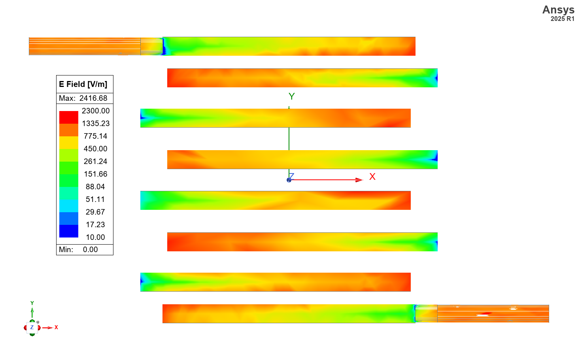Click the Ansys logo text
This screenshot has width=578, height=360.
(558, 10)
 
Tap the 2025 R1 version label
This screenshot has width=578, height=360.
(563, 19)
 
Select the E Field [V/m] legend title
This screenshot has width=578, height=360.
(83, 84)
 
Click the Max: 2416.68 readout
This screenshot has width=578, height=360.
(83, 98)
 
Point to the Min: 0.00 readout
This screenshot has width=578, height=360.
(78, 250)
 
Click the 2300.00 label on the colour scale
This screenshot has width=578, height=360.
(96, 111)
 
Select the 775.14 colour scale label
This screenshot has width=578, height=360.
(95, 136)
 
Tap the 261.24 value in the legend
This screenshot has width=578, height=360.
(95, 162)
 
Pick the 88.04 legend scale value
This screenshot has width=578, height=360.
(95, 187)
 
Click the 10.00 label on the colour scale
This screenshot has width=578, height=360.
(95, 237)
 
